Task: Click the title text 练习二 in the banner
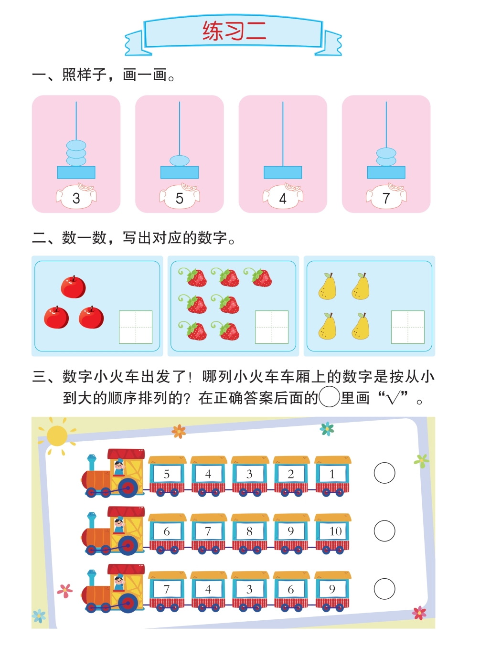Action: tap(235, 31)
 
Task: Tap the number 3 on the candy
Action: tap(76, 198)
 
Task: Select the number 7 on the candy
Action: tap(386, 198)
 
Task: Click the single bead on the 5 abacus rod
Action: tap(180, 160)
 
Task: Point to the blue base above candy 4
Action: tap(283, 172)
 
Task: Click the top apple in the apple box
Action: tap(73, 287)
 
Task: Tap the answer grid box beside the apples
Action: tap(136, 327)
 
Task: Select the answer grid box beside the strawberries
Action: tap(272, 327)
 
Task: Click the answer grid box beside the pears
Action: tap(407, 327)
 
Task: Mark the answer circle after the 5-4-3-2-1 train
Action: tap(384, 473)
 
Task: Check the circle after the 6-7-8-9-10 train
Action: tap(384, 531)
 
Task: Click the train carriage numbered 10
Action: tap(332, 534)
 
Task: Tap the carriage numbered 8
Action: tap(250, 534)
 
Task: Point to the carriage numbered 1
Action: tap(332, 476)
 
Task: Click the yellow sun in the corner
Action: tap(57, 436)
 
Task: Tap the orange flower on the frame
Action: tap(179, 431)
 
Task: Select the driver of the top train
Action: tap(119, 467)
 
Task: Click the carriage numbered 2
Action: tap(291, 476)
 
